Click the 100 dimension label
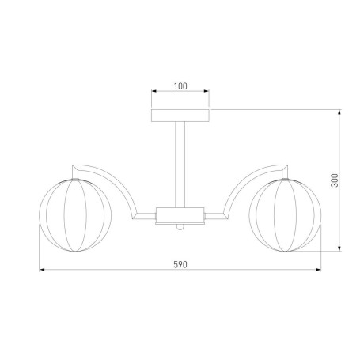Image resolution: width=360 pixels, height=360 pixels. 180,86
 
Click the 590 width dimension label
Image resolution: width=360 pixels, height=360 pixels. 180,264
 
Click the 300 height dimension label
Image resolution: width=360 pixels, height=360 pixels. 335,180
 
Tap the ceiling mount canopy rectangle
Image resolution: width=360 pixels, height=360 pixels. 180,116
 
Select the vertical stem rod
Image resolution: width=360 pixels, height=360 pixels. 180,165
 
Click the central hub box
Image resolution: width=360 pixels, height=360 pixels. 180,215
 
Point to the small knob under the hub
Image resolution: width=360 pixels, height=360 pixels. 180,227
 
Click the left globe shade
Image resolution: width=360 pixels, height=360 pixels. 75,215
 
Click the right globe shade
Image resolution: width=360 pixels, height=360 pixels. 285,215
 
